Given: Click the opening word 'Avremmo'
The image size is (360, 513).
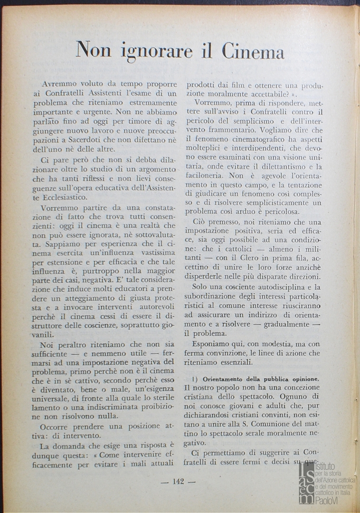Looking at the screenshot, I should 60,83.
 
